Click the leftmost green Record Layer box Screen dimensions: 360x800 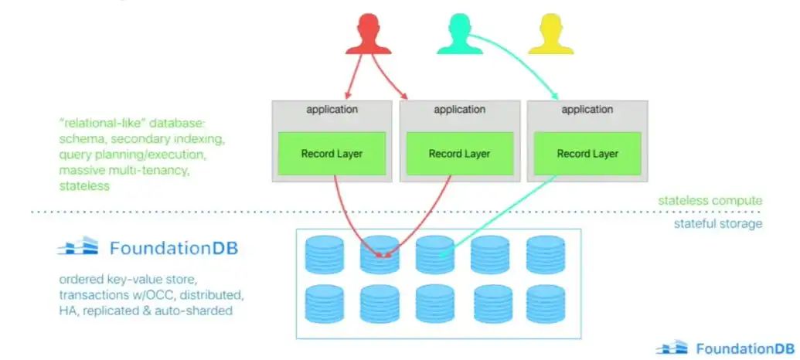tap(332, 154)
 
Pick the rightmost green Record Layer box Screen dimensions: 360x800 tap(587, 154)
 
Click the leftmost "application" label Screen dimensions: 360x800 tap(332, 110)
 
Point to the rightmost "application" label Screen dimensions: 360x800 tap(587, 110)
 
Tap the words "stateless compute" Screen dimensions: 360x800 tap(710, 201)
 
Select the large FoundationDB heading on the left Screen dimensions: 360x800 tap(173, 249)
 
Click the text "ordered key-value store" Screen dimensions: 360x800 tap(124, 280)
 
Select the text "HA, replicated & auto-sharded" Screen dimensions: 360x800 tap(145, 311)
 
